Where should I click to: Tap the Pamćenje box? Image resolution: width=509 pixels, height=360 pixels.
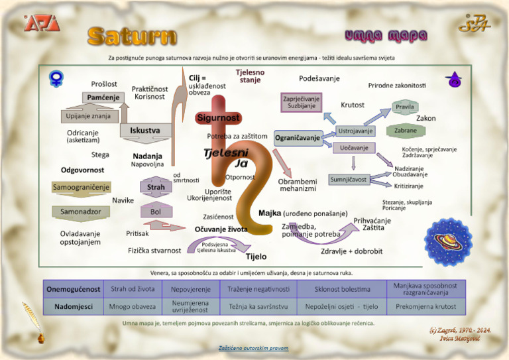point(103,97)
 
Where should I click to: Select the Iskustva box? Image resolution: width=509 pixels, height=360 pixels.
point(144,131)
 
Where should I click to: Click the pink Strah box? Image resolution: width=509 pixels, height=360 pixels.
point(156,188)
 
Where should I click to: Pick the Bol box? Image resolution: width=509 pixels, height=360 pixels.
point(156,211)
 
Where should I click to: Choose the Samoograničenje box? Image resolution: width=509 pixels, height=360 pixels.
point(81,188)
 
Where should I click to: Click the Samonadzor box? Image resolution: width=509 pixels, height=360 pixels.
point(80,211)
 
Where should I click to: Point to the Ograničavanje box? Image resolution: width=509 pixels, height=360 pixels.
point(298,138)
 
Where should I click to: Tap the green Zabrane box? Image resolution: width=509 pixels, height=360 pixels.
point(406,131)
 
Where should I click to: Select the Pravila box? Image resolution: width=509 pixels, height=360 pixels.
point(405,107)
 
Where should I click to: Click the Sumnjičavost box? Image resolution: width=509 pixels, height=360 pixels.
point(349,180)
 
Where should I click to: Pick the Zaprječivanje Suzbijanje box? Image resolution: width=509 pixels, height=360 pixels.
point(301,102)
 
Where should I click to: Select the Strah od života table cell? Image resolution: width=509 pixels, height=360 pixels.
point(133,289)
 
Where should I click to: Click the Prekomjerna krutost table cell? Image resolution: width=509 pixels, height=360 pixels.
point(425,307)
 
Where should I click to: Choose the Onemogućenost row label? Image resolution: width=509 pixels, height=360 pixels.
point(74,289)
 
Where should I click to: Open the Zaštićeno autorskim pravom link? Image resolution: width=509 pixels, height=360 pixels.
point(254,348)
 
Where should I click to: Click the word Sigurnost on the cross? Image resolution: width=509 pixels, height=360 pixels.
point(217,118)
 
